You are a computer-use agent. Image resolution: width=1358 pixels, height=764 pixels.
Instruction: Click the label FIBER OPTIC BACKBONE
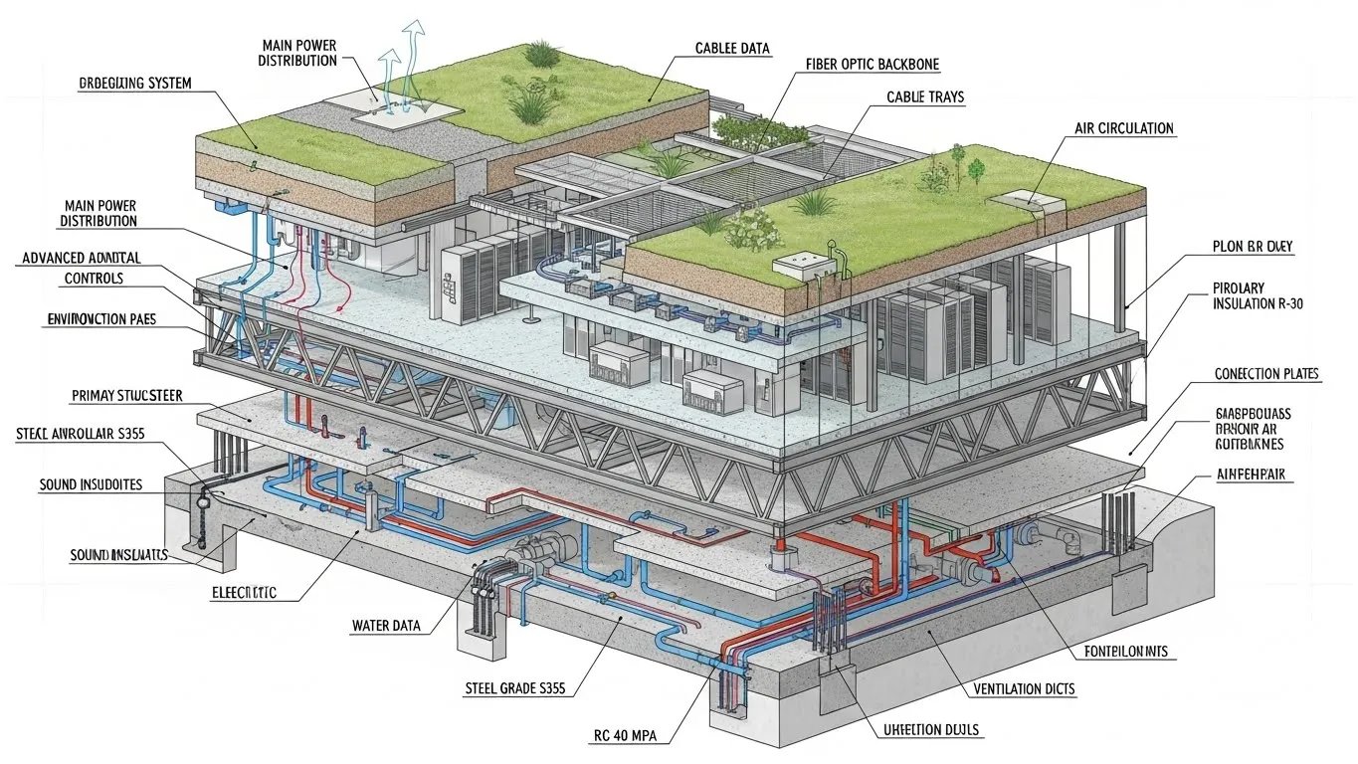pyautogui.click(x=872, y=65)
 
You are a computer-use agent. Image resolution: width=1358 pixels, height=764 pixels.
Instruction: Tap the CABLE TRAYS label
pyautogui.click(x=924, y=97)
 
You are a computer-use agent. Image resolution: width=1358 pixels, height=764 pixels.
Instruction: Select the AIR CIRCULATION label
pyautogui.click(x=1123, y=129)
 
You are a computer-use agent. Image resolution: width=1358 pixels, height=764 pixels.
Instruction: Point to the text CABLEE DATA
pyautogui.click(x=732, y=48)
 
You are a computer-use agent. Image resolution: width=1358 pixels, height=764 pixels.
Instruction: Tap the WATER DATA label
pyautogui.click(x=386, y=626)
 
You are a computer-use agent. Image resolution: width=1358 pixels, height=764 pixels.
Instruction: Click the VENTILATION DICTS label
pyautogui.click(x=1023, y=688)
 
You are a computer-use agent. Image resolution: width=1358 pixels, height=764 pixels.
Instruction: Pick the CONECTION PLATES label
pyautogui.click(x=1266, y=374)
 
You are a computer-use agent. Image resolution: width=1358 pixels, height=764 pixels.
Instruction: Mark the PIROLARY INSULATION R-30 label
pyautogui.click(x=1257, y=295)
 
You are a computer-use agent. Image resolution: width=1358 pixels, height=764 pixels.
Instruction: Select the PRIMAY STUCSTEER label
pyautogui.click(x=126, y=396)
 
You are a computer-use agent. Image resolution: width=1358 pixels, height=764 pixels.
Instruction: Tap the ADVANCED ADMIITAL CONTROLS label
pyautogui.click(x=81, y=269)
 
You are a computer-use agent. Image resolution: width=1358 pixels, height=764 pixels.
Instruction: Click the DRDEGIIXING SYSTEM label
pyautogui.click(x=134, y=84)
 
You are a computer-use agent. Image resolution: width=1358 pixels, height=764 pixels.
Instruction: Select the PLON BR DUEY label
pyautogui.click(x=1253, y=247)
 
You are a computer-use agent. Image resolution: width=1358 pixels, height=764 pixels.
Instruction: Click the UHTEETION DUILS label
pyautogui.click(x=931, y=730)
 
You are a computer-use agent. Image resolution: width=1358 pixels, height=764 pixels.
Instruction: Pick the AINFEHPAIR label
pyautogui.click(x=1254, y=477)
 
